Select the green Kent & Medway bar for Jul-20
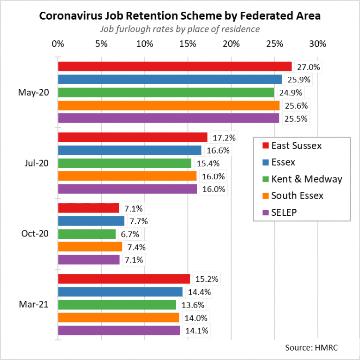tap(125, 163)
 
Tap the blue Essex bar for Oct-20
tap(91, 221)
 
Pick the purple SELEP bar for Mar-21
tap(119, 331)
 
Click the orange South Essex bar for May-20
tap(169, 106)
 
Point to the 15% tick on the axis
tap(187, 44)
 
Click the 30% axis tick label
tap(318, 44)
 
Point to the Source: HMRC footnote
tap(312, 348)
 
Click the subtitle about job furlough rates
tap(180, 29)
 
